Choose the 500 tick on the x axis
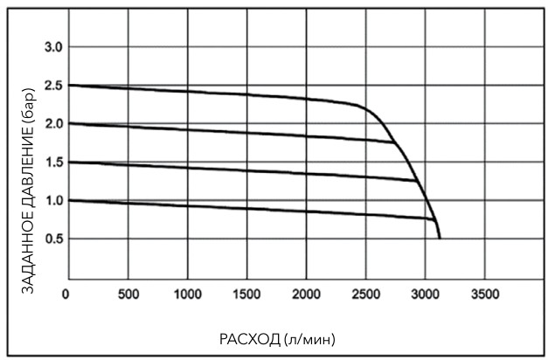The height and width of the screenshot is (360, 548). (x=128, y=293)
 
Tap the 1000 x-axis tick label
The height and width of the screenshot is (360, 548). (x=187, y=293)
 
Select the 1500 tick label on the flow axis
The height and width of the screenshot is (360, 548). (x=246, y=293)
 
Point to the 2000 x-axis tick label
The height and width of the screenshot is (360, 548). (x=306, y=293)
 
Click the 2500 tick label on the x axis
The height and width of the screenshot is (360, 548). (x=365, y=293)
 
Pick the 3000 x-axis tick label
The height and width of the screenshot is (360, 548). (x=425, y=293)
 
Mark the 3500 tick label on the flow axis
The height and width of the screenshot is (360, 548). (x=484, y=293)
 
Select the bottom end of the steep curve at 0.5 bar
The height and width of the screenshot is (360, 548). (x=440, y=238)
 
